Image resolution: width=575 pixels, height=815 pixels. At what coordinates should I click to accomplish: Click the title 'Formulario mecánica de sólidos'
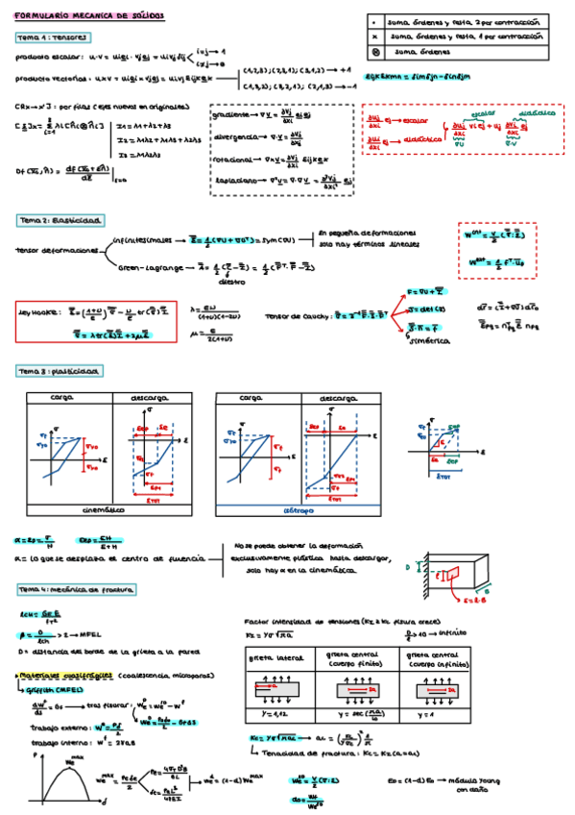point(88,16)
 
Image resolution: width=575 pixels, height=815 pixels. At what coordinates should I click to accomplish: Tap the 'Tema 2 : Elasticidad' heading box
point(60,220)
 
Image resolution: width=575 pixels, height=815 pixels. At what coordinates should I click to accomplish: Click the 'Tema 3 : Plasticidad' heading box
point(60,371)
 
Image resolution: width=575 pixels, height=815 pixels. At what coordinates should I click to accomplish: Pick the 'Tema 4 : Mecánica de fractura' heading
point(77,588)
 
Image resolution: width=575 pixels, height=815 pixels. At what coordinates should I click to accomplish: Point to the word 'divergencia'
point(234,136)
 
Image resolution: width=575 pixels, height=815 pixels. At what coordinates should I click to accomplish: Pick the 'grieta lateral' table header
point(275,658)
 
